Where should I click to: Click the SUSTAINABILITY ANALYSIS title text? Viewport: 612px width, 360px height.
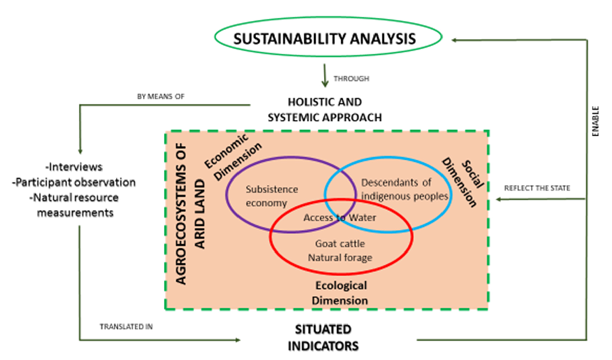(x=325, y=39)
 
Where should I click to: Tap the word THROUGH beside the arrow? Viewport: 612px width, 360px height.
(x=351, y=79)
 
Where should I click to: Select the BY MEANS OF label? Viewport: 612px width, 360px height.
(x=160, y=96)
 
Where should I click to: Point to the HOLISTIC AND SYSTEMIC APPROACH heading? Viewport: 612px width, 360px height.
(x=325, y=110)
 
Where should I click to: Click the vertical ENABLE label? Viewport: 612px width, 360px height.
(x=595, y=121)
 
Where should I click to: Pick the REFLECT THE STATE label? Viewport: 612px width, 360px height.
(x=537, y=188)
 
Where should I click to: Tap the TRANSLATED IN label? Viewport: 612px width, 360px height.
(x=126, y=327)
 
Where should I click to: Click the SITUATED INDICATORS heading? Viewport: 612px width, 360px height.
(x=323, y=338)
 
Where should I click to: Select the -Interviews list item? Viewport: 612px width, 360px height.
(x=74, y=167)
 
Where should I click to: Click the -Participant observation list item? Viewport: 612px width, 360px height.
(x=74, y=182)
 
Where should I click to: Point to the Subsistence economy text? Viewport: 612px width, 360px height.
(x=272, y=196)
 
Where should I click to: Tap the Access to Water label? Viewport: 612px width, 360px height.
(x=340, y=218)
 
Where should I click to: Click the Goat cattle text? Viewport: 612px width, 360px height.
(x=340, y=243)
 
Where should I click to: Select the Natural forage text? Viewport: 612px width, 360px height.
(x=340, y=257)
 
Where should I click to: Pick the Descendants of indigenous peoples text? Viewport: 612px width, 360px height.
(x=404, y=189)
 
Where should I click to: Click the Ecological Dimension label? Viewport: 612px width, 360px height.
(x=340, y=293)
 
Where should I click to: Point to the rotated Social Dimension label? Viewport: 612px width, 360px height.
(x=463, y=183)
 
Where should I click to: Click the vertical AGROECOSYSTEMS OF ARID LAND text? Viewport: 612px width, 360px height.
(x=190, y=214)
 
